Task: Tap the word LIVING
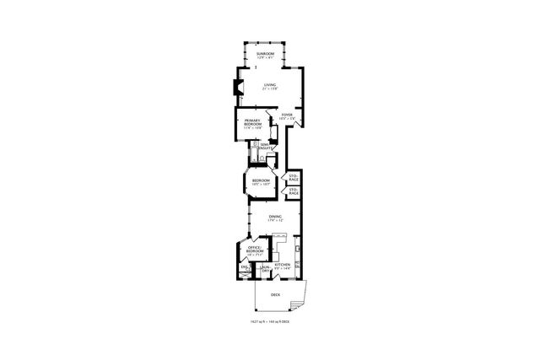coord(269,85)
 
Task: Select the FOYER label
coord(287,115)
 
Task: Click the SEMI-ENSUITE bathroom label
coord(266,147)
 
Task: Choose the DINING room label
coord(275,217)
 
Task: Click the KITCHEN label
coord(282,265)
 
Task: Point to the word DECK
coord(275,295)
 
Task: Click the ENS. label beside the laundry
coord(245,268)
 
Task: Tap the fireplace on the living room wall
coord(237,86)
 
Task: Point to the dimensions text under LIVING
coord(269,89)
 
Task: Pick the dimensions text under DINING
coord(275,221)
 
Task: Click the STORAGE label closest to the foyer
coord(294,179)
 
